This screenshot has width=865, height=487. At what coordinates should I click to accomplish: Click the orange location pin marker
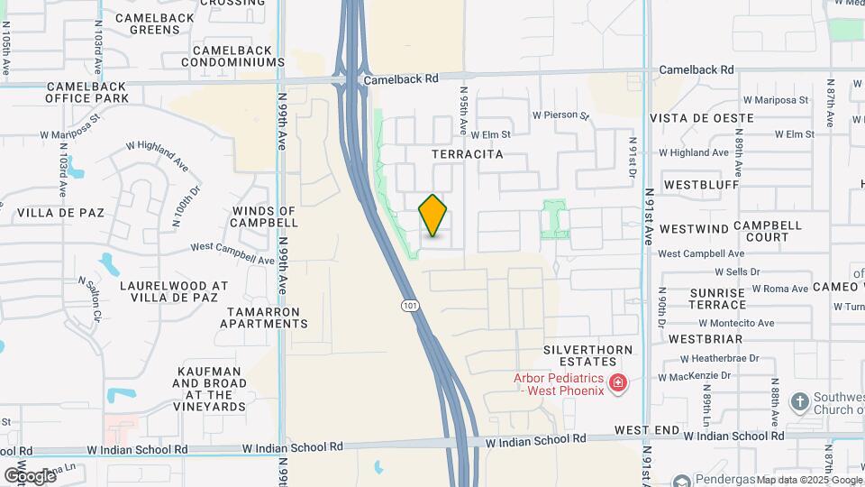[433, 216]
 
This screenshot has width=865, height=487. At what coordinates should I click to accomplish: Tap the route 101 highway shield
[411, 307]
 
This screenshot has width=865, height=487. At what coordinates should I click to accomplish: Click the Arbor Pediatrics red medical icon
[618, 384]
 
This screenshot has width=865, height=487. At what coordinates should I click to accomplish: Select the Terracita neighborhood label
[467, 155]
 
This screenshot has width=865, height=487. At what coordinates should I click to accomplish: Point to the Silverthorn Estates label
[588, 355]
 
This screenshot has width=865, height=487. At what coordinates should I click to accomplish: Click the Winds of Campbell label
[265, 216]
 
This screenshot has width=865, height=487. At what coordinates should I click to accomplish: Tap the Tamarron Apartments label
[268, 317]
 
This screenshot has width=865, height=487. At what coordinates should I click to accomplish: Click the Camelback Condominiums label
[232, 56]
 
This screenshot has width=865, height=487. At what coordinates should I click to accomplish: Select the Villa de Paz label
[60, 214]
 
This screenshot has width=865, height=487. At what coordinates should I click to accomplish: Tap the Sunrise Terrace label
[717, 299]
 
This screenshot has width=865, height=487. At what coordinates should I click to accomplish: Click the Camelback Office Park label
[87, 92]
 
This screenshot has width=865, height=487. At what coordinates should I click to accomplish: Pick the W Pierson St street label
[560, 115]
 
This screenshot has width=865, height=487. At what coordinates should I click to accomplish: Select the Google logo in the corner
[29, 475]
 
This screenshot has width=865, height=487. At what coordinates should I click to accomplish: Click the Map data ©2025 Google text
[809, 480]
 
